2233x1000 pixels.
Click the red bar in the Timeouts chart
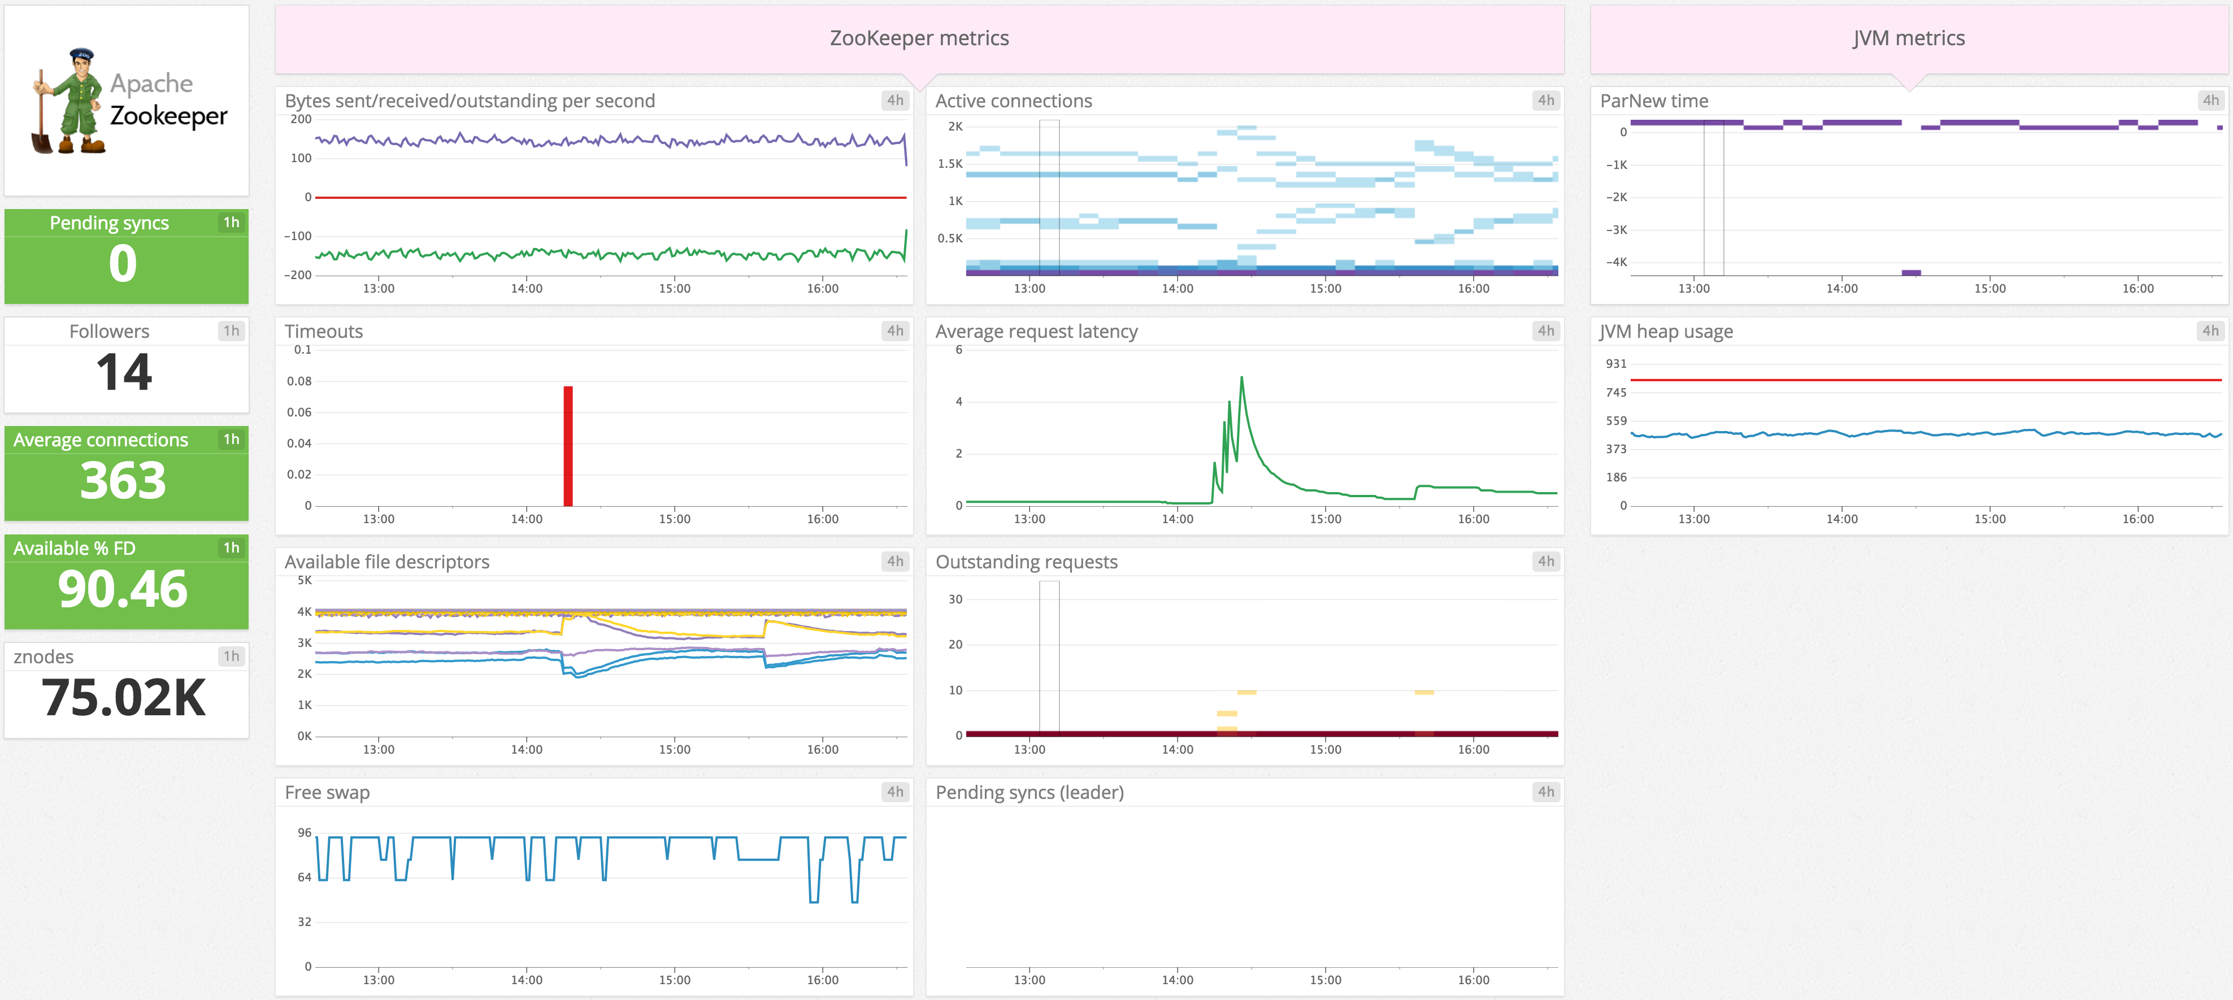(x=568, y=446)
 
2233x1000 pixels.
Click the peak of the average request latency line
(x=1241, y=378)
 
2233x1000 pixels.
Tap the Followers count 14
(x=124, y=373)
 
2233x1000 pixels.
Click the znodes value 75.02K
(x=123, y=698)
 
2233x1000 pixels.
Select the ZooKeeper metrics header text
(x=919, y=38)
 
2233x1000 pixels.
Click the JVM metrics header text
(x=1909, y=38)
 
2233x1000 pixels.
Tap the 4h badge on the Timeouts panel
(x=894, y=331)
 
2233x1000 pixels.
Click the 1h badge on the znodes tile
(x=231, y=656)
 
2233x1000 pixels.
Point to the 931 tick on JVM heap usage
(x=1616, y=364)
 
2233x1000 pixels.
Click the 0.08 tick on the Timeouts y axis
(x=299, y=381)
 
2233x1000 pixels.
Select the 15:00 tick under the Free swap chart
(x=675, y=980)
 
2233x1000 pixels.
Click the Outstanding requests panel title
(x=1026, y=562)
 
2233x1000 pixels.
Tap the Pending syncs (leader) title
(x=1029, y=792)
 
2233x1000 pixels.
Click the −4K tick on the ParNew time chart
(x=1616, y=262)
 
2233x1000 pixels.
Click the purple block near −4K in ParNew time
(x=1910, y=273)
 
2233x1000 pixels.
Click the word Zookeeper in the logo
(x=169, y=116)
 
